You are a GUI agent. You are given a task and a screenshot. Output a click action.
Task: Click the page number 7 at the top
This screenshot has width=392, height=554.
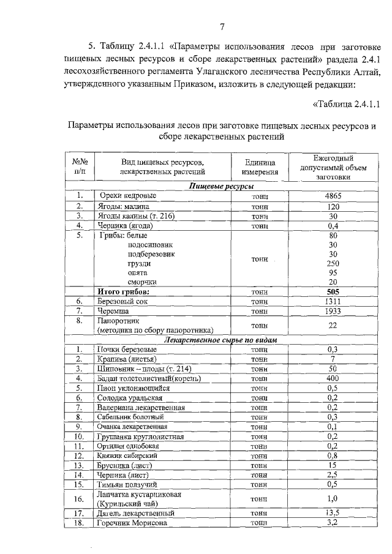pos(222,26)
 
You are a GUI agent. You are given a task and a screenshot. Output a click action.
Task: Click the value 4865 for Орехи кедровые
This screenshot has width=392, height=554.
pos(333,196)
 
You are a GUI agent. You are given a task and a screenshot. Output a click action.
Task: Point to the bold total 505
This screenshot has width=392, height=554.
pos(333,292)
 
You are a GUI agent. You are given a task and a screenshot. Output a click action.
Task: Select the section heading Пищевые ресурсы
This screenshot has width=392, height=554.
pos(222,186)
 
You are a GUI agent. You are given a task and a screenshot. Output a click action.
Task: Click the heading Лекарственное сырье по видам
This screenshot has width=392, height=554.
pos(222,339)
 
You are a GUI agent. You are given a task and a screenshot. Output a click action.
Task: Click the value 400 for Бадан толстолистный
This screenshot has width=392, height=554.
pos(333,378)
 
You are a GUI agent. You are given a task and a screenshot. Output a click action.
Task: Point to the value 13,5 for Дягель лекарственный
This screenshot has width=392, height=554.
pos(333,513)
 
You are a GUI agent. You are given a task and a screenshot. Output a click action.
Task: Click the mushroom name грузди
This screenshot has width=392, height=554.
pos(140,263)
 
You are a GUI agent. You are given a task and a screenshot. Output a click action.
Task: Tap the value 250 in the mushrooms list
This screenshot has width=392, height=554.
pos(333,263)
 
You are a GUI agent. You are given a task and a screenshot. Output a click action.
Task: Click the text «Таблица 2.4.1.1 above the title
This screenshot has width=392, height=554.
pos(347,102)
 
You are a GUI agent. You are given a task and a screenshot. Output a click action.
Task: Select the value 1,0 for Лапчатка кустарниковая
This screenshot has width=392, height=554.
pos(333,498)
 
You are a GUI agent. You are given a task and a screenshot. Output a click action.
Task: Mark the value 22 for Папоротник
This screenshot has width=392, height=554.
pos(333,326)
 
